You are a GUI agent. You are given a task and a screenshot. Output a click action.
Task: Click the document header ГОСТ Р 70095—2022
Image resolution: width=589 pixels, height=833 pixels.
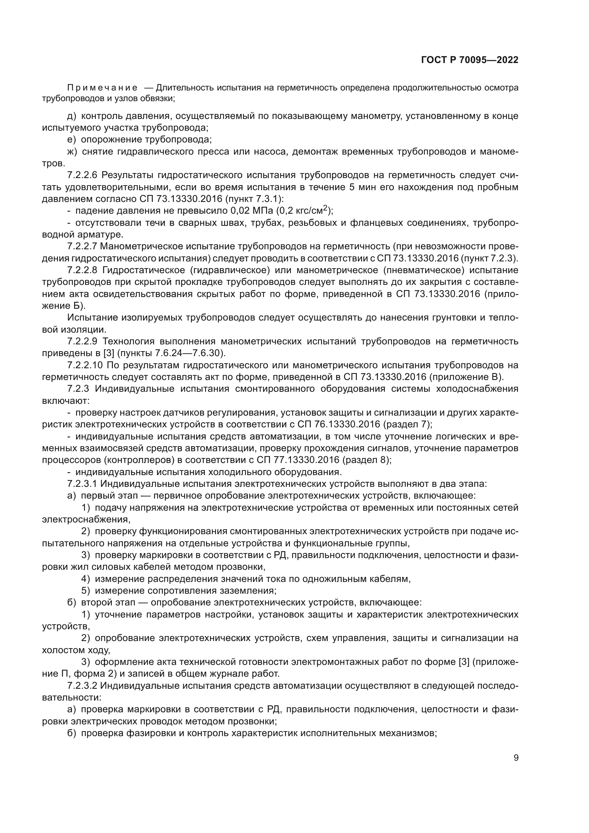click(x=470, y=60)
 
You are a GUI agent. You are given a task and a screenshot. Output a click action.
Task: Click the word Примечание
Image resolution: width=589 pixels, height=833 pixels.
click(x=102, y=88)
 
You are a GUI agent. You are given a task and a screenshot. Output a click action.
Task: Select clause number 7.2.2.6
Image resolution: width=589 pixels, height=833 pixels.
click(x=82, y=175)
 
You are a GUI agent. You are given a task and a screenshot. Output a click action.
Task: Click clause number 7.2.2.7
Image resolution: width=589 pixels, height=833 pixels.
click(x=82, y=246)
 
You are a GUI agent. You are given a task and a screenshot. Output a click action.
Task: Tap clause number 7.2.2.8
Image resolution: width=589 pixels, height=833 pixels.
click(x=82, y=270)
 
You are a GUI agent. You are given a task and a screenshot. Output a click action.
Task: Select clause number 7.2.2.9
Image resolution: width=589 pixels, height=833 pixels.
click(x=82, y=342)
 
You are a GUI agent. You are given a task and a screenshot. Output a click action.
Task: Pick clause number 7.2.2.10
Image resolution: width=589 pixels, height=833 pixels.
click(x=85, y=365)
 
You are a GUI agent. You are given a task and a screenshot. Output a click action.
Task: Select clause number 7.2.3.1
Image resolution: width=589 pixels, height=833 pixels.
click(x=82, y=484)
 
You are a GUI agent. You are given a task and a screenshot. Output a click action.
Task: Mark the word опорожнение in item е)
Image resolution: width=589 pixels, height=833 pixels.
click(x=110, y=140)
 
